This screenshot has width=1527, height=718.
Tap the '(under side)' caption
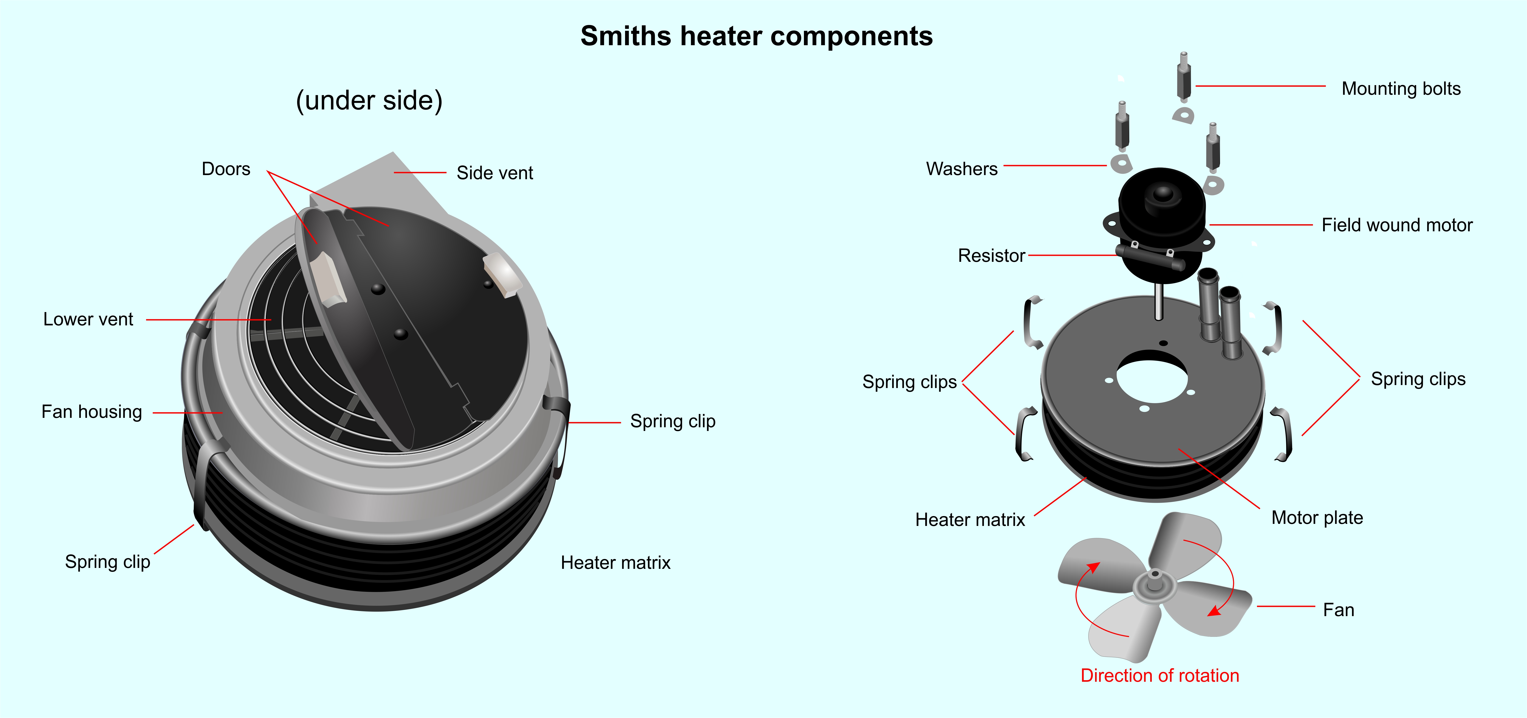coord(369,101)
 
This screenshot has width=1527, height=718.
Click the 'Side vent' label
coord(495,173)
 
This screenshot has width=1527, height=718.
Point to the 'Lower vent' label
coord(88,319)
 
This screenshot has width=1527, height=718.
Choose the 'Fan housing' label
coord(92,412)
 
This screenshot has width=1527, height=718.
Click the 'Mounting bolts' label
coord(1401,89)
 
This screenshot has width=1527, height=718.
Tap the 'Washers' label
coord(962,169)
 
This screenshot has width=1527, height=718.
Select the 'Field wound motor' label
coord(1397,225)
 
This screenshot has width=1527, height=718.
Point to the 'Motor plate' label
coord(1317,518)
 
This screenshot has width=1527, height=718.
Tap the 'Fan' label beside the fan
coord(1338,610)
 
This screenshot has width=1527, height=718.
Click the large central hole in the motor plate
coord(1152,377)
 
